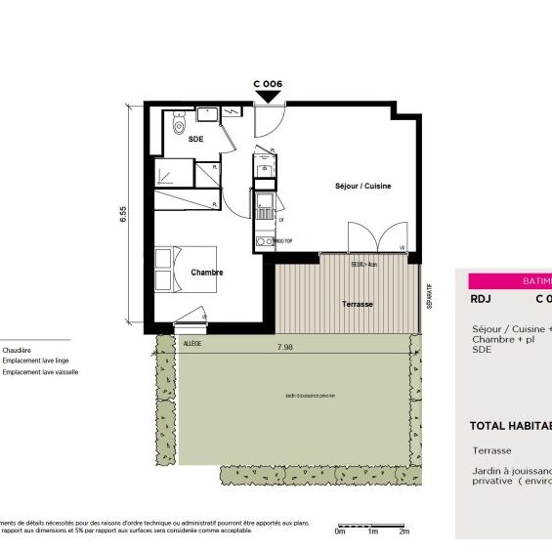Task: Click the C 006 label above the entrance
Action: (x=268, y=85)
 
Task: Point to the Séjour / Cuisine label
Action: (x=363, y=186)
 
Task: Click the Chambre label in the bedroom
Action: (x=207, y=273)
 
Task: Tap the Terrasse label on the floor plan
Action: (x=358, y=305)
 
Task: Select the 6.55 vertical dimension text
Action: (x=124, y=215)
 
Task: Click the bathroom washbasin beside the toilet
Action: (x=207, y=115)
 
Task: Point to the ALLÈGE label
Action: (x=192, y=344)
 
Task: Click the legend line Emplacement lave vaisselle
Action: (x=40, y=372)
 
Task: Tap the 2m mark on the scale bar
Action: (x=403, y=531)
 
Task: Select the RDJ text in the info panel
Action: (x=480, y=300)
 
